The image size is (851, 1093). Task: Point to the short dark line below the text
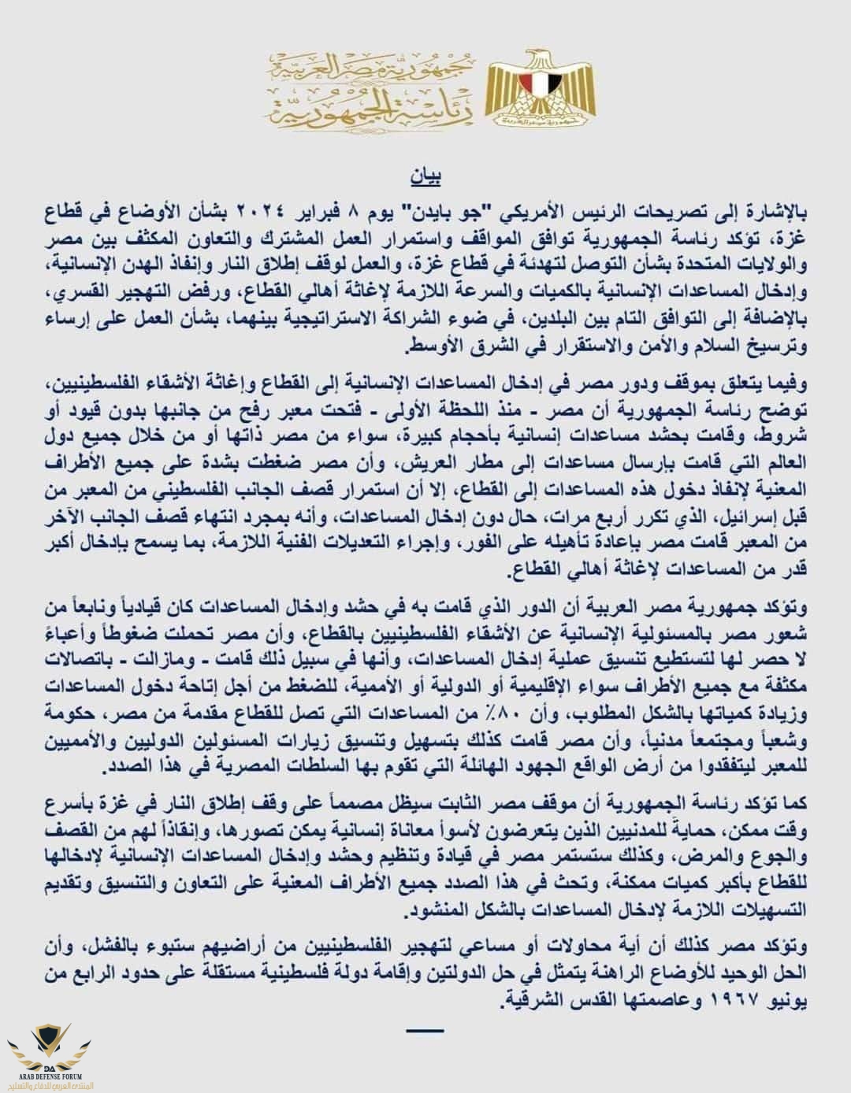(426, 1030)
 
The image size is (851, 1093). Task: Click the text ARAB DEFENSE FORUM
(50, 1074)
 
